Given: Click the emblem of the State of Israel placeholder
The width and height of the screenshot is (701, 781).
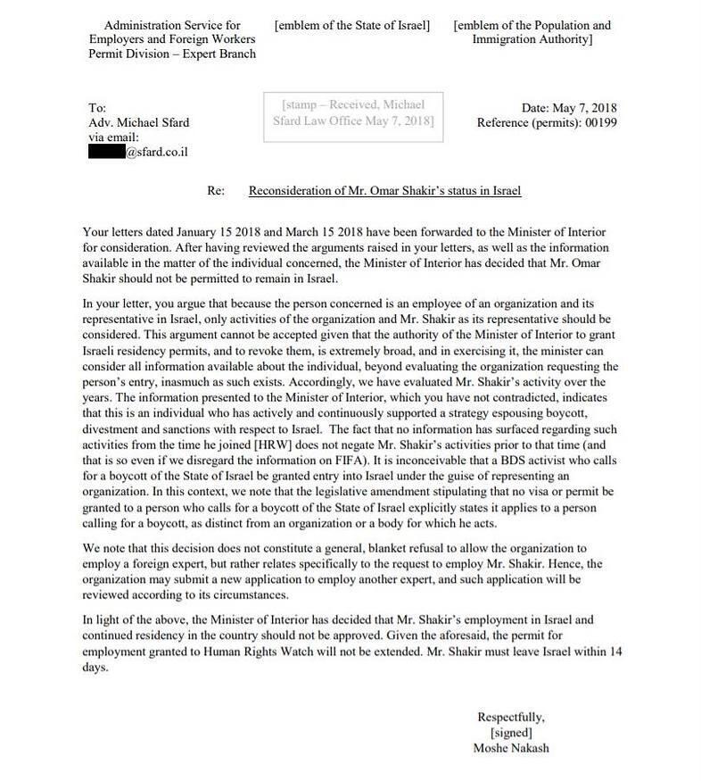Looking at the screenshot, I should click(352, 26).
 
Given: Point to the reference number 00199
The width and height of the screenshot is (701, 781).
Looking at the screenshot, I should click(599, 123).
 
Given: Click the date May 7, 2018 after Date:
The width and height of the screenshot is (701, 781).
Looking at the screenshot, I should click(583, 109).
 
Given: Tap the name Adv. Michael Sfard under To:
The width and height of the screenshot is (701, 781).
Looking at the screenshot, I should click(139, 123).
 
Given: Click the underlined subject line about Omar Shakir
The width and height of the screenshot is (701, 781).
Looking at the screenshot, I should click(384, 190).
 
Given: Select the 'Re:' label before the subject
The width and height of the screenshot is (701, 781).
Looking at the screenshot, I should click(215, 190).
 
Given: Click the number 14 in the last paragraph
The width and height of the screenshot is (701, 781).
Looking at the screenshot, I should click(614, 652).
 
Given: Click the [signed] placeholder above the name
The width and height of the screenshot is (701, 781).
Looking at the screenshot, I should click(511, 732).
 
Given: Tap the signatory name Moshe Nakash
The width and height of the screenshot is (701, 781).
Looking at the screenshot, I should click(511, 748).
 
